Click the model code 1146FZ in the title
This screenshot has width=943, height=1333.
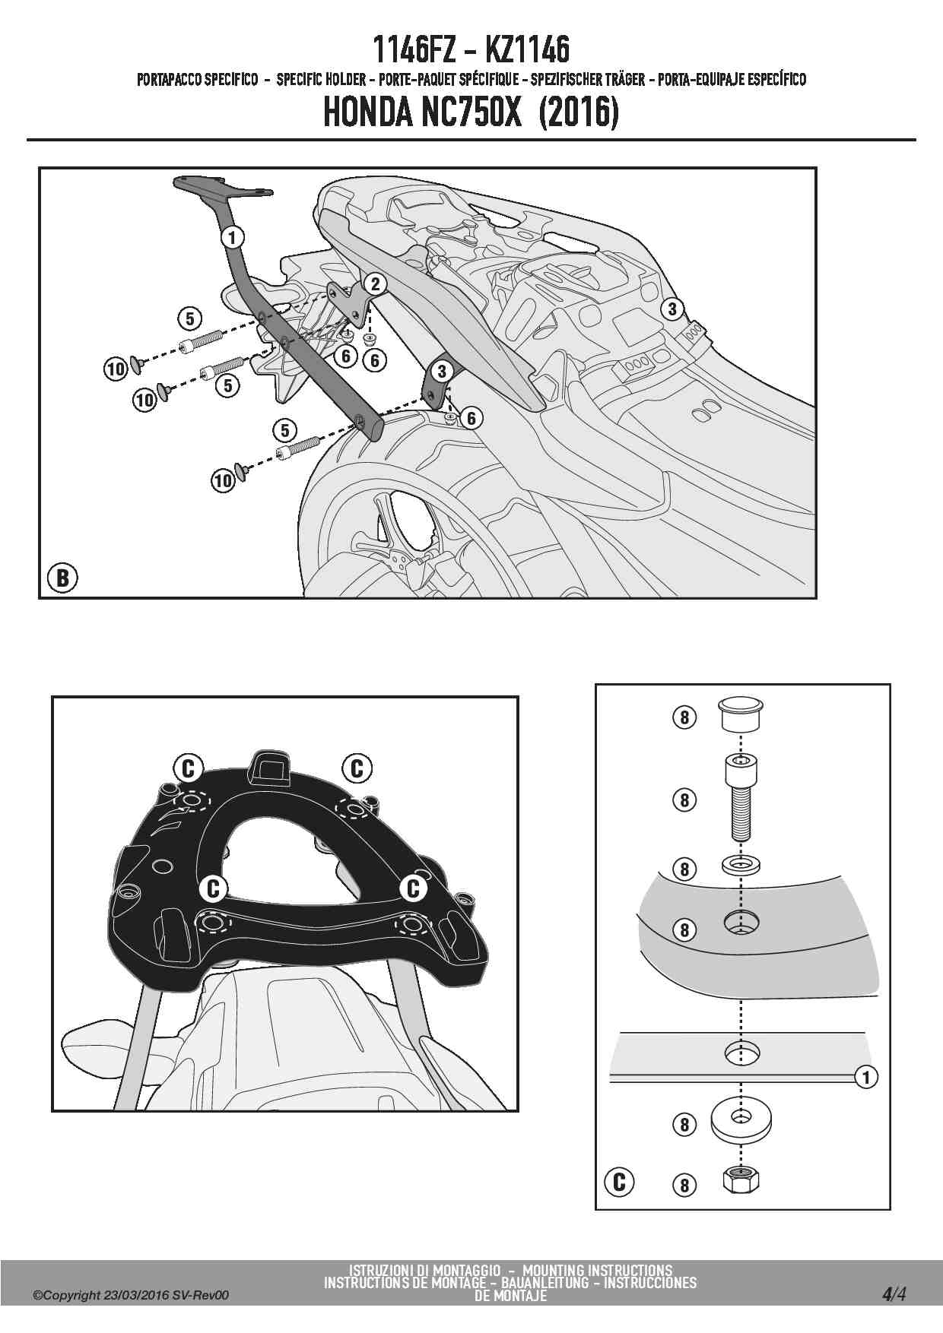click(x=414, y=50)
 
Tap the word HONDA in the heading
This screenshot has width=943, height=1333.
click(x=368, y=112)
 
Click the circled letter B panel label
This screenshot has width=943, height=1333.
click(x=62, y=578)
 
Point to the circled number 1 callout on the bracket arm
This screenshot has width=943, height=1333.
click(x=233, y=237)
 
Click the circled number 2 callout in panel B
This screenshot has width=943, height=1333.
click(x=375, y=284)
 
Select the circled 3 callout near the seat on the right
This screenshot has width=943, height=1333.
click(x=672, y=309)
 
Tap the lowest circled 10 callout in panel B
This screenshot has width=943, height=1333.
click(x=223, y=480)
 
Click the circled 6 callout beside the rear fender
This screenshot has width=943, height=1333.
click(x=471, y=418)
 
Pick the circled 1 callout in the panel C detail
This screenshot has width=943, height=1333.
click(x=866, y=1076)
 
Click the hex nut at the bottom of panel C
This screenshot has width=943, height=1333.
click(x=740, y=1180)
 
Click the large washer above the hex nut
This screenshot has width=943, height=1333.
click(x=739, y=1119)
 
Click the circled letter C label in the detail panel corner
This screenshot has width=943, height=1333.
click(x=619, y=1182)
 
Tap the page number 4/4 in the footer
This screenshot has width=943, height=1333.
click(x=894, y=1294)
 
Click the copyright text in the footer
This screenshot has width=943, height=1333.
click(x=130, y=1295)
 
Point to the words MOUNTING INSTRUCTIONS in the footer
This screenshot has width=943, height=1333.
click(x=597, y=1270)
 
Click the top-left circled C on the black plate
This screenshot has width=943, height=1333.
click(x=188, y=768)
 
